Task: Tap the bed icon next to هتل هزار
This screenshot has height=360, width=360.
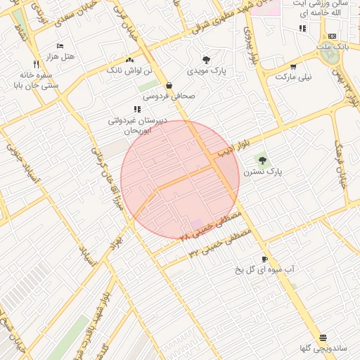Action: [60, 45]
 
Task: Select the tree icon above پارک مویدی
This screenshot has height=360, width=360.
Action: [206, 60]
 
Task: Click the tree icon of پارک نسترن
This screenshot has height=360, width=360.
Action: [263, 160]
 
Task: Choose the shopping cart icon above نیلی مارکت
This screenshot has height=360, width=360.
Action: [292, 66]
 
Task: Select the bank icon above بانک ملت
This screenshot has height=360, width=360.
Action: [332, 36]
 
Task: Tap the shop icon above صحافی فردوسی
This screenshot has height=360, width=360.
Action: [169, 85]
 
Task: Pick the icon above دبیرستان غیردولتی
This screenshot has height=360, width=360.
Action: [136, 109]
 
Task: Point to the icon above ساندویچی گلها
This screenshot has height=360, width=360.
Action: [323, 338]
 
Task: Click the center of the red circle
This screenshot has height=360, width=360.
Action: [180, 180]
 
